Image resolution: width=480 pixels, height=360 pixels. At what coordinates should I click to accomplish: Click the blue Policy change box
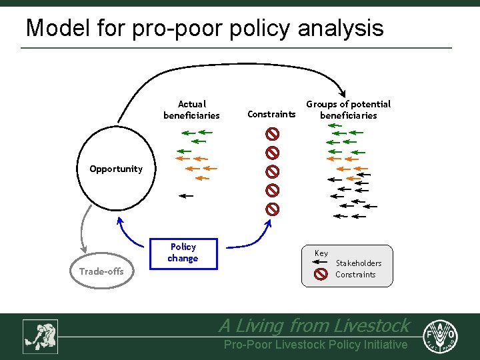point(183,253)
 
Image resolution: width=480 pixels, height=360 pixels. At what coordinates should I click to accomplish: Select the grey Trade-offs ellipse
point(102,271)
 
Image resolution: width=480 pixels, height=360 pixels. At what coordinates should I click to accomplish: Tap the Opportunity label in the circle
point(116,169)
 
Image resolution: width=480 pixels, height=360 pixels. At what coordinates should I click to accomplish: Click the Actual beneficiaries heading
point(192,109)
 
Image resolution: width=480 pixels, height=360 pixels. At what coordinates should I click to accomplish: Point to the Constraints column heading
point(271,114)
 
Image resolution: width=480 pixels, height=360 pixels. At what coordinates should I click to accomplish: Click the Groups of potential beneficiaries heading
point(348,109)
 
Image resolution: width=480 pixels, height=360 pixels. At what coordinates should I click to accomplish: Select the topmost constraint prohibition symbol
point(272,133)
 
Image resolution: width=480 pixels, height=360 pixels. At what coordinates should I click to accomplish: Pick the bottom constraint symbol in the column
point(272,209)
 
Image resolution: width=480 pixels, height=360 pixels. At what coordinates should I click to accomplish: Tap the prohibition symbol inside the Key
point(321,274)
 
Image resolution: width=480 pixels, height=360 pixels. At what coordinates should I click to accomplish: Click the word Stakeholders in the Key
point(359,263)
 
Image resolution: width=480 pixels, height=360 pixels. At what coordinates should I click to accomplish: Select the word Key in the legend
point(321,253)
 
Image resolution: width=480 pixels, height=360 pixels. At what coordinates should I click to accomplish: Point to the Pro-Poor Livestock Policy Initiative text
point(315,345)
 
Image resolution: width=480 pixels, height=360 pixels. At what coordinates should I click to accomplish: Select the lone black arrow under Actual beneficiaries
point(186,196)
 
